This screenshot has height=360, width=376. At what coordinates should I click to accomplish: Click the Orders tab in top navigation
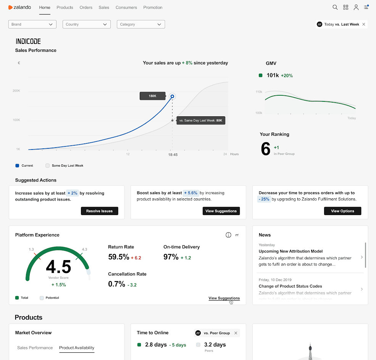tap(86, 7)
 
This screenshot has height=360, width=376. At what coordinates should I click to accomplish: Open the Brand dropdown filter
tap(32, 24)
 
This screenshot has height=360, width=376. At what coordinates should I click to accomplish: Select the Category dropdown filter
tap(140, 24)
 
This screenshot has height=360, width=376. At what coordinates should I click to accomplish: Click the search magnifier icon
tap(335, 7)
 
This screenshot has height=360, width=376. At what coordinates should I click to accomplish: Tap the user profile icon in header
tap(356, 7)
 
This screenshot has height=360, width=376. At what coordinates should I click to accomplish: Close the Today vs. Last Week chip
tap(364, 24)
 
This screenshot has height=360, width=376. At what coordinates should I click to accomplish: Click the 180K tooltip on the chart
tap(152, 96)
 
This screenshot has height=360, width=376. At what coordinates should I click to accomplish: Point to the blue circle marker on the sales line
tap(173, 96)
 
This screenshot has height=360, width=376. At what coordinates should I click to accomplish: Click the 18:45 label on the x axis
tap(173, 154)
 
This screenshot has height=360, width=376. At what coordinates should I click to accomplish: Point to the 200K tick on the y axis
tap(16, 91)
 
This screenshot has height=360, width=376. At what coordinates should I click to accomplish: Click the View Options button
tap(342, 211)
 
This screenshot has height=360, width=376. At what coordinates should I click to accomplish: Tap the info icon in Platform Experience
tap(228, 235)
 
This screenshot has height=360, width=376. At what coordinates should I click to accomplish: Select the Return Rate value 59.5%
tap(119, 257)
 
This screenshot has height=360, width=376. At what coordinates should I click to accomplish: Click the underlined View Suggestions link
tap(224, 298)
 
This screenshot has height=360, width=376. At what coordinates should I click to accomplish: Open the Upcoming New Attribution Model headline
tap(290, 251)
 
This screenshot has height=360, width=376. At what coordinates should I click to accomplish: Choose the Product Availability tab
tap(77, 348)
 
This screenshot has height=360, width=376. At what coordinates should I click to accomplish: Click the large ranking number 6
tap(266, 149)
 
